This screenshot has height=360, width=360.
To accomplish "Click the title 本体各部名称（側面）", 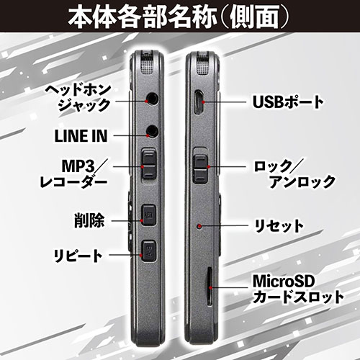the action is [179, 17].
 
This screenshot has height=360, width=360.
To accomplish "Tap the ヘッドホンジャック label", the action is [78, 98].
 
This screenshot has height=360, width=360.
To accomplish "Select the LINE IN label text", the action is [81, 136].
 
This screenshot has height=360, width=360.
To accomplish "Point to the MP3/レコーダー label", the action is [73, 174].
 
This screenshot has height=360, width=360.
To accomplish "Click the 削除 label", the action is [89, 220].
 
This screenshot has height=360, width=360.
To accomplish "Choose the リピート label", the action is [78, 256].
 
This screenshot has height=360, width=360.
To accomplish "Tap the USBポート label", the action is [288, 102].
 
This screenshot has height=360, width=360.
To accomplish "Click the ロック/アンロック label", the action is [294, 174].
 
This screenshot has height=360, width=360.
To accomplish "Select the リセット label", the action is [279, 225].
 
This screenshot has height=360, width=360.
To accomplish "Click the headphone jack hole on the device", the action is [152, 99].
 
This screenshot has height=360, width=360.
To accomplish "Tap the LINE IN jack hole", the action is [152, 131].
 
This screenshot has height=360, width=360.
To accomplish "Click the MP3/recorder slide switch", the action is [148, 164].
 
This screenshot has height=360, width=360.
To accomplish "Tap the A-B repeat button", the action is [148, 251].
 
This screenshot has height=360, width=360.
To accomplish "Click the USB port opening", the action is [199, 102].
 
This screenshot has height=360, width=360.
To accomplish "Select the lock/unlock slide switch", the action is [200, 168].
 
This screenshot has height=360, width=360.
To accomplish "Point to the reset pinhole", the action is [199, 226].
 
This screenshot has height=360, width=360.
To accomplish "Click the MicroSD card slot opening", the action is [210, 286].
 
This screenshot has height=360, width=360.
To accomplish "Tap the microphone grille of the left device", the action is [147, 63].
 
